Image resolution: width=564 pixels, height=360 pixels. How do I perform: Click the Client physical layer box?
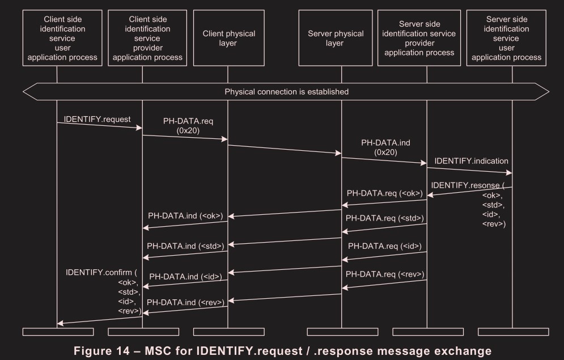click(x=228, y=38)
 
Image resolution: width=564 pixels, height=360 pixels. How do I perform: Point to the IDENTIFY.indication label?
click(x=472, y=162)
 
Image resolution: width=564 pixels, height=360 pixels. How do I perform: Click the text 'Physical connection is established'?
click(x=286, y=91)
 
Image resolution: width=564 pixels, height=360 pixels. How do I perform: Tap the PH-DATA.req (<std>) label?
click(x=385, y=218)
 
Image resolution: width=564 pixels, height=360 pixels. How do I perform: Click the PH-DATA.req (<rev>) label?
click(x=385, y=274)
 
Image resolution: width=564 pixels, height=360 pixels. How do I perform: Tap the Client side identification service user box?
click(x=57, y=38)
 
